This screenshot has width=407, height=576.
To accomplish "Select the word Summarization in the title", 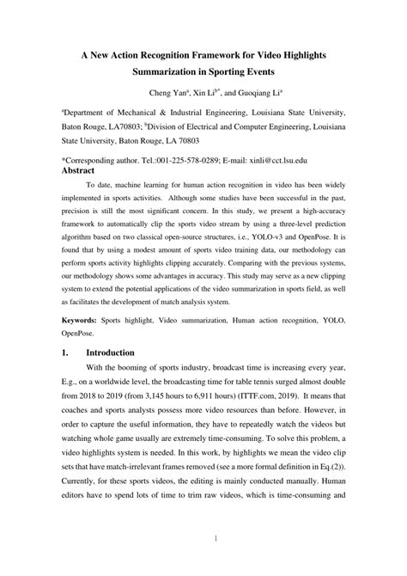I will tap(170, 73).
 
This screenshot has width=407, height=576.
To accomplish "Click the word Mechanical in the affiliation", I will tap(142, 112).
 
